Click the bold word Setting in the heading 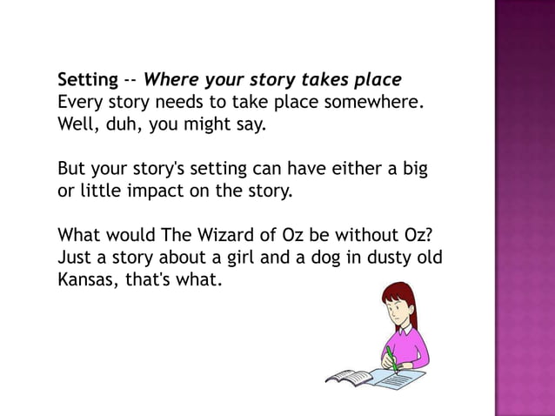[87, 81]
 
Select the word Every [80, 104]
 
